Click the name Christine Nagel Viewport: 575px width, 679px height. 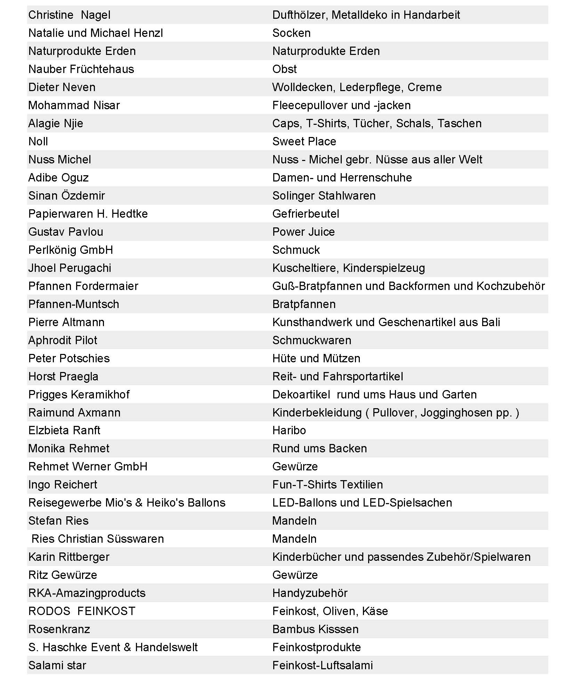click(69, 15)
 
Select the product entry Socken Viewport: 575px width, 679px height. click(291, 33)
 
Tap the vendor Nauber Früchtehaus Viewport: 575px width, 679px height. click(81, 69)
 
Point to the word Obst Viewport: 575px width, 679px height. click(284, 69)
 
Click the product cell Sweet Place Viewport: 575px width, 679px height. click(304, 142)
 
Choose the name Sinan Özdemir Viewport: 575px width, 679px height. click(66, 196)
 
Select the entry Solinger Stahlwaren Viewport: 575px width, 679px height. click(324, 196)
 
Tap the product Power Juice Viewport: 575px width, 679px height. click(303, 232)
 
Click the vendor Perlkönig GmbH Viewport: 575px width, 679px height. click(71, 250)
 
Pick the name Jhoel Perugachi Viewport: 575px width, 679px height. click(70, 268)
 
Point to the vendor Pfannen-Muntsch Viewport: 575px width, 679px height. click(74, 304)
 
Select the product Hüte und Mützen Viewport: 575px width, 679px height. click(316, 358)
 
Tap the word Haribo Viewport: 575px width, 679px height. click(289, 430)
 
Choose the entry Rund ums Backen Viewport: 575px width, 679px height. click(319, 448)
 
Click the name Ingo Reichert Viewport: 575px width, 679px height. click(63, 485)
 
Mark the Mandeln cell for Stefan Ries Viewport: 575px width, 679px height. click(294, 521)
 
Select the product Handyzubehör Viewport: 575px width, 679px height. click(310, 593)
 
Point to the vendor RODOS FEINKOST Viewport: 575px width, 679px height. click(82, 611)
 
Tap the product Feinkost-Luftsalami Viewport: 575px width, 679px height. click(322, 665)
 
